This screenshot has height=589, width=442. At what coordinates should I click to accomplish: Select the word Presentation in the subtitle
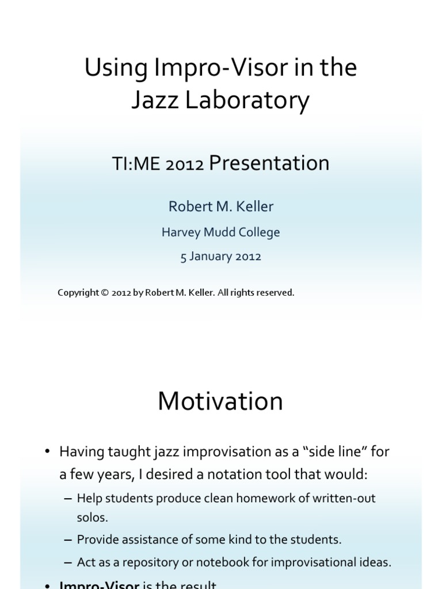click(269, 163)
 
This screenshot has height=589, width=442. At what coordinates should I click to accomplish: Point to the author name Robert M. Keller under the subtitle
click(220, 206)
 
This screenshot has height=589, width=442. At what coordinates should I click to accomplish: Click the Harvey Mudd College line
click(220, 232)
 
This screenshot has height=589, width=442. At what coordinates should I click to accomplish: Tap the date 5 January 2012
click(220, 257)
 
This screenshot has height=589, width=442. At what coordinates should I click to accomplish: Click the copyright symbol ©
click(104, 293)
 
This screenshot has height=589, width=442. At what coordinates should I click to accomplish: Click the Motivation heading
click(220, 401)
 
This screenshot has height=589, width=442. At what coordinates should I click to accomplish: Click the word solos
click(92, 517)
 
